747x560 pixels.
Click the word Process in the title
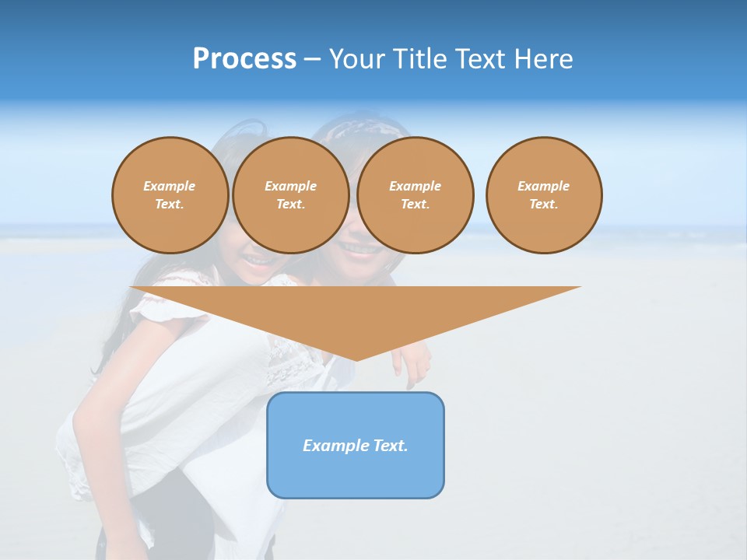[x=244, y=59]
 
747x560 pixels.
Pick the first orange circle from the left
[x=170, y=195]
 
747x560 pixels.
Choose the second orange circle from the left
[x=290, y=195]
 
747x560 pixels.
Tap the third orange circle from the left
[x=415, y=195]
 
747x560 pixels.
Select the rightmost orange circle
[x=544, y=195]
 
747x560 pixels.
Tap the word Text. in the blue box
[x=389, y=446]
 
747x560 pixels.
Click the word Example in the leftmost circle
[x=170, y=187]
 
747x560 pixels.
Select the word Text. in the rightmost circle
[x=544, y=205]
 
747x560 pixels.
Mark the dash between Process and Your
[x=312, y=59]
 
